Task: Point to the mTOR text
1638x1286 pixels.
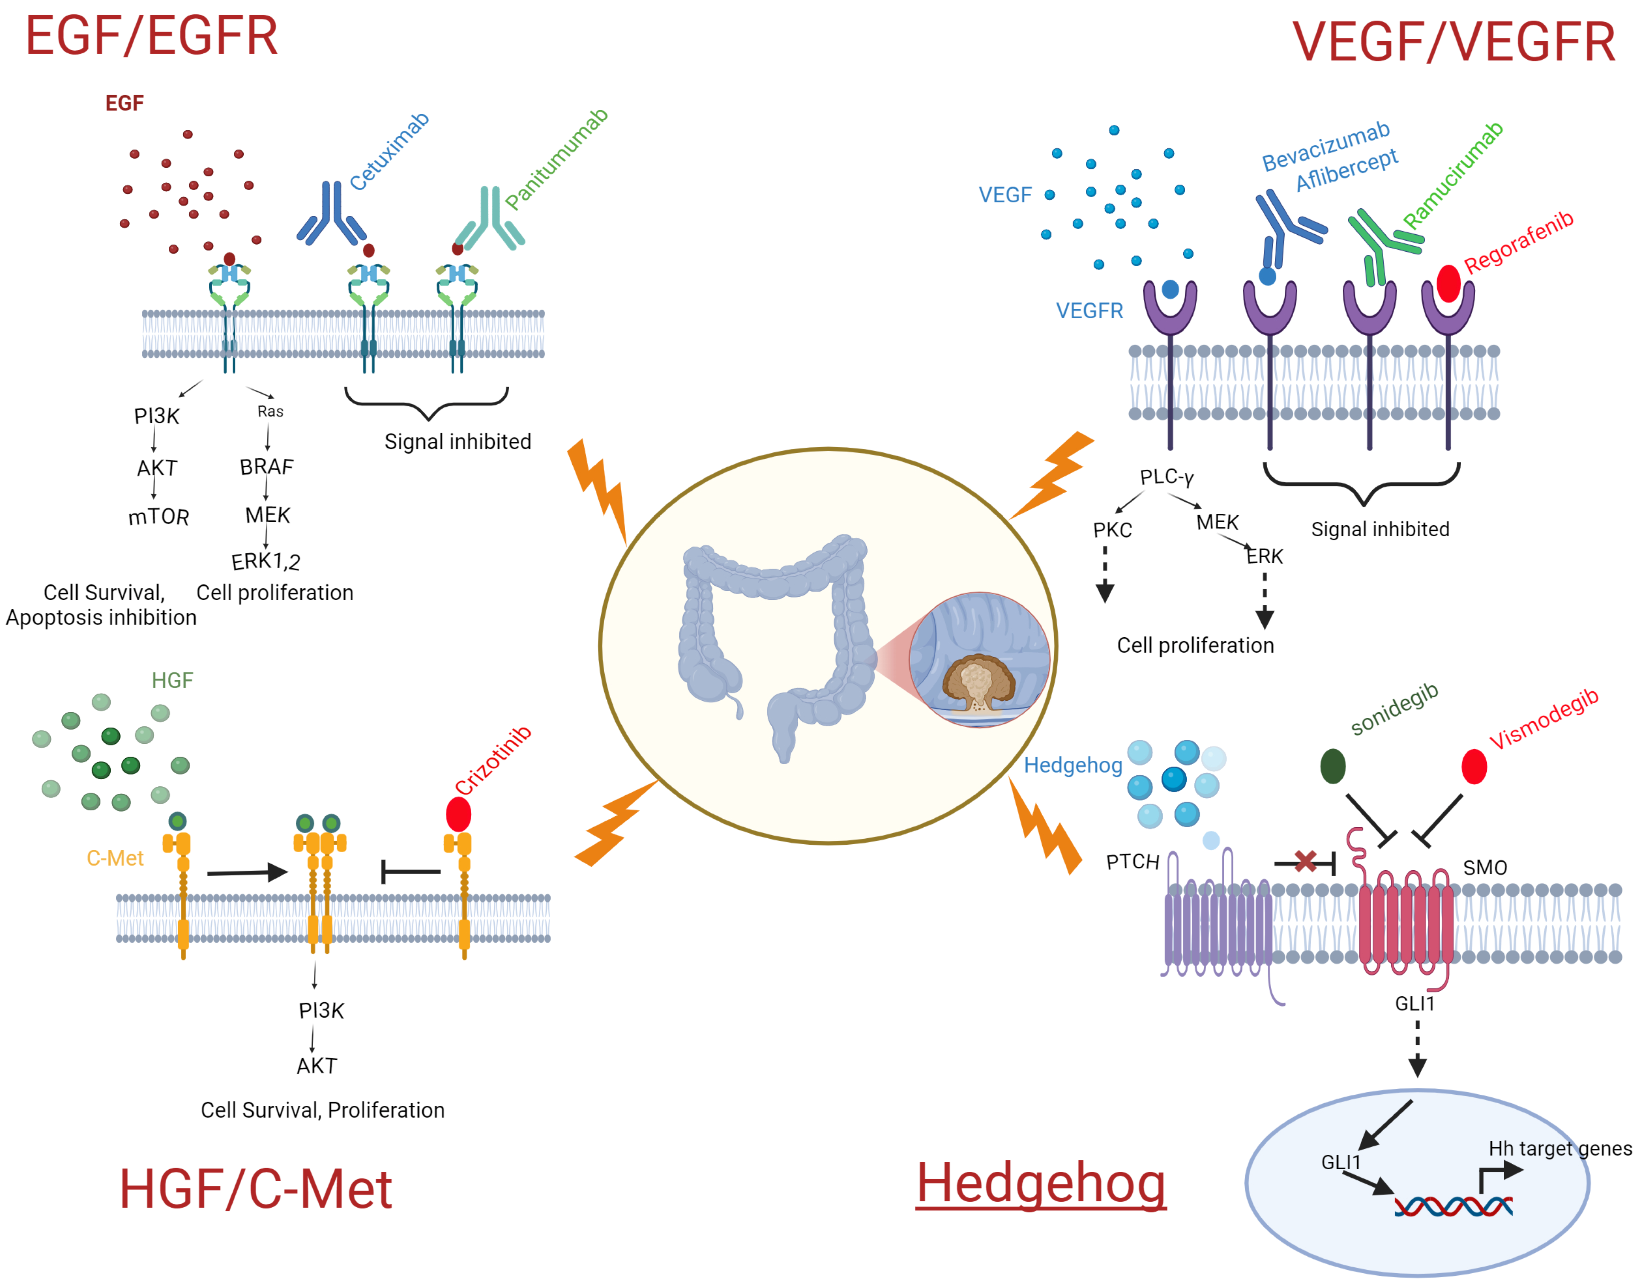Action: click(158, 517)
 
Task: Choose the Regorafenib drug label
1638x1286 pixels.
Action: click(1518, 242)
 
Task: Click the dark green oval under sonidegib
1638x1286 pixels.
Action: click(1333, 766)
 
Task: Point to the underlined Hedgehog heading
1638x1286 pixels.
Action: click(1041, 1184)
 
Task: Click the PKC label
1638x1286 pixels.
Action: click(1112, 530)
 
